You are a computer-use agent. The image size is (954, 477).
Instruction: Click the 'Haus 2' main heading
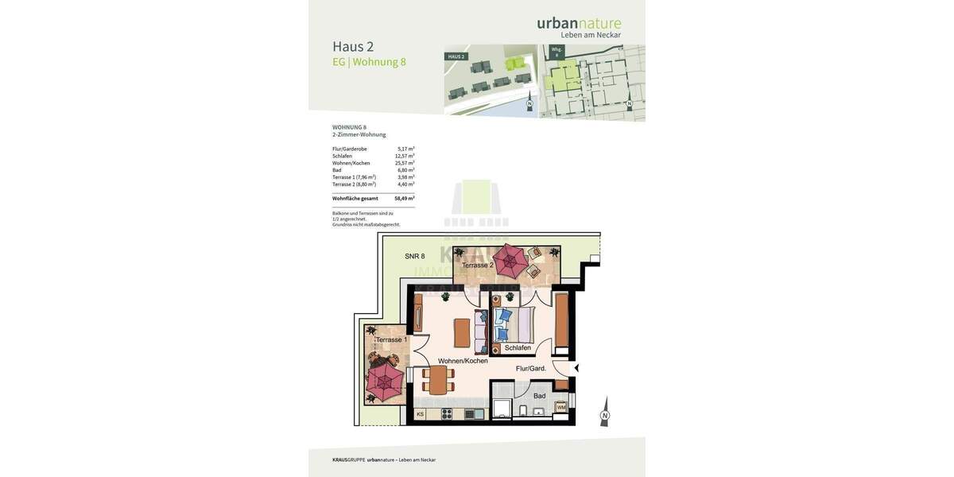353,46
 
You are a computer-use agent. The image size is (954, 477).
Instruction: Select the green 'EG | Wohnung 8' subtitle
369,62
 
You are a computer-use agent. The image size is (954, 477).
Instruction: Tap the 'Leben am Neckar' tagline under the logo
591,35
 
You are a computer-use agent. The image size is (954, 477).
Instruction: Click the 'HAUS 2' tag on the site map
456,56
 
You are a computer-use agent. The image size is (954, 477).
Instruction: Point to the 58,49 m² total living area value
405,198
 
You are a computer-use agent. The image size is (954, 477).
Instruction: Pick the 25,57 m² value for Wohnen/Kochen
405,163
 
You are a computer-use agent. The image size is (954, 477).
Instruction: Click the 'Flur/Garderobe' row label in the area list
350,149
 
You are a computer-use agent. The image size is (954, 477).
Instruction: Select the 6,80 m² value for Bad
405,170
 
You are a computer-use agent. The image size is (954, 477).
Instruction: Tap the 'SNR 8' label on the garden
414,256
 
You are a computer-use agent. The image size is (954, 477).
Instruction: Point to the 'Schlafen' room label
518,348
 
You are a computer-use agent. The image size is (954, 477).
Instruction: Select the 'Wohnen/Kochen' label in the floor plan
463,361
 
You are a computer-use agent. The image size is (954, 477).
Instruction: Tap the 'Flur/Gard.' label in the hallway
530,368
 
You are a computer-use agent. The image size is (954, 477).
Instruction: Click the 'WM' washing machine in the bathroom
561,407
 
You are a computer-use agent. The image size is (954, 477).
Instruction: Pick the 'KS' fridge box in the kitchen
420,414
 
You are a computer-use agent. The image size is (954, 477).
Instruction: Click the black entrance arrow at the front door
576,368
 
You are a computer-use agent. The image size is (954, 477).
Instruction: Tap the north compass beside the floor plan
604,413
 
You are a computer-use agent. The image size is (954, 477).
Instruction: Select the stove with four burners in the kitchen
447,413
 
